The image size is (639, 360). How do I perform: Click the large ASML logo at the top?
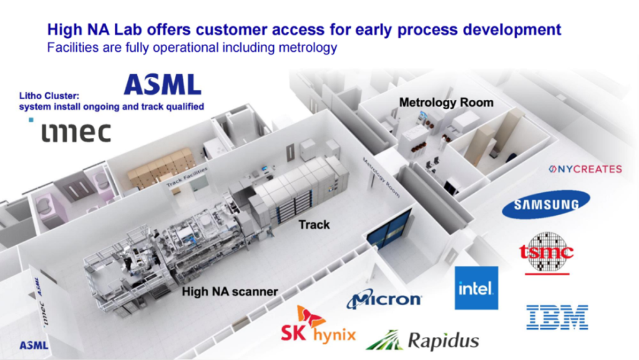click(x=162, y=84)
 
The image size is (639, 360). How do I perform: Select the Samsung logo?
click(x=545, y=204)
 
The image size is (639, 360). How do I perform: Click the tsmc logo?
click(x=546, y=253)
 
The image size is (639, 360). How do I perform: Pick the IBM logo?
click(x=557, y=316)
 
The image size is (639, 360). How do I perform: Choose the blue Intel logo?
click(x=476, y=288)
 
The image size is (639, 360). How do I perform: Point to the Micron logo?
click(x=384, y=299)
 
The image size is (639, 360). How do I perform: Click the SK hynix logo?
click(x=318, y=326)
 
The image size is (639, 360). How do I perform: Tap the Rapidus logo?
click(x=422, y=340)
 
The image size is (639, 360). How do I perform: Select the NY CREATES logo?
click(x=585, y=169)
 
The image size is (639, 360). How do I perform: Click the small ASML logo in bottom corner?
click(x=34, y=345)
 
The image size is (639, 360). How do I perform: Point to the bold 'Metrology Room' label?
click(x=446, y=102)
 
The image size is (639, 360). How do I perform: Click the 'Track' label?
click(x=314, y=224)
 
